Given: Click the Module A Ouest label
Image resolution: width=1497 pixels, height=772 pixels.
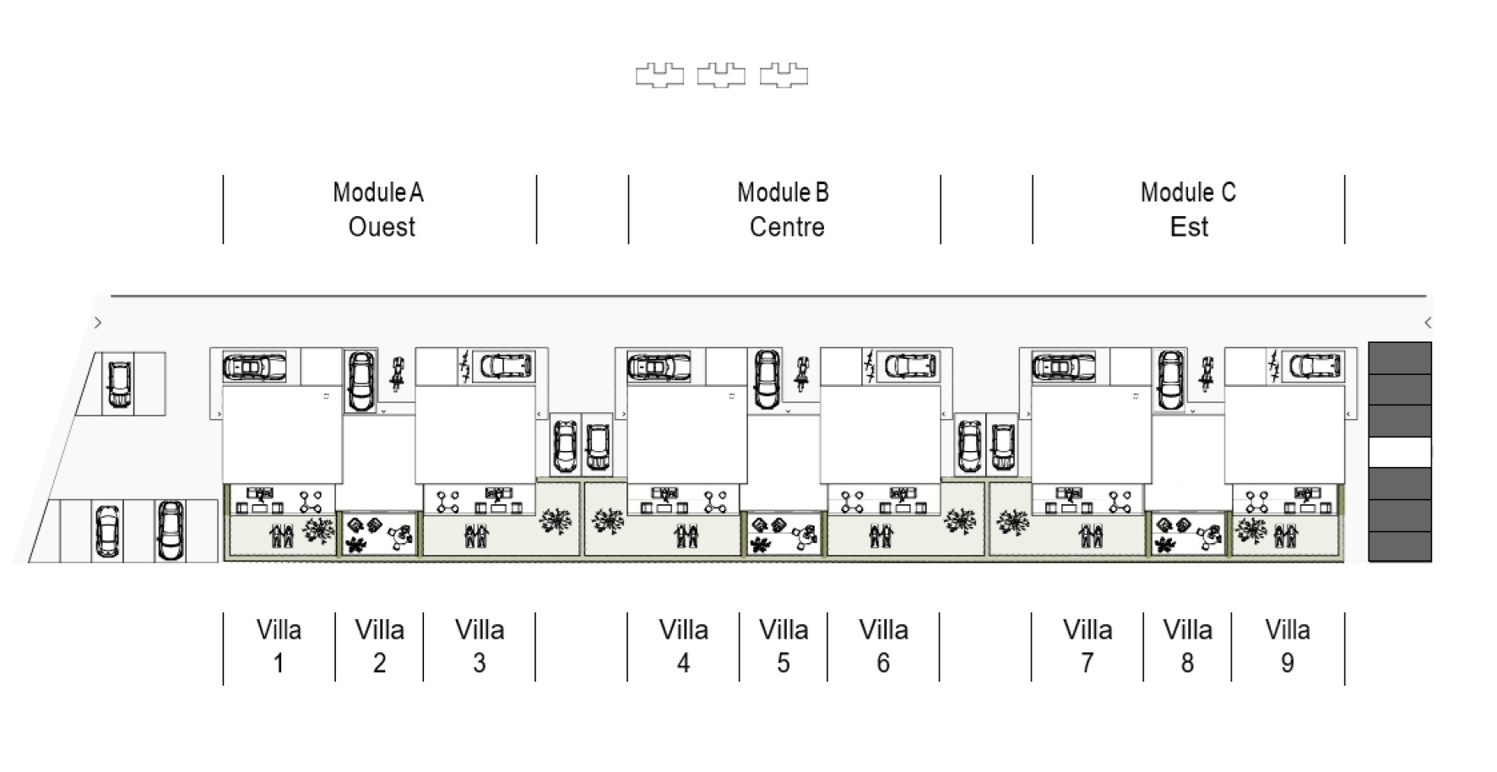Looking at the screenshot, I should [379, 209].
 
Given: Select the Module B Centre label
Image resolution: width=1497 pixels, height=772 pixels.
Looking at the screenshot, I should [784, 209].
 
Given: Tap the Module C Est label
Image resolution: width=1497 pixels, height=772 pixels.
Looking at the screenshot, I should [1188, 209].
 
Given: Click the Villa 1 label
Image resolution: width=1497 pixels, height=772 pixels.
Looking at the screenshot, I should [279, 646].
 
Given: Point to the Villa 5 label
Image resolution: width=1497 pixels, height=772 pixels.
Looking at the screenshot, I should [784, 646].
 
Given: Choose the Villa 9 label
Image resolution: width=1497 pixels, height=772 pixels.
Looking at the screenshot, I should [1287, 646].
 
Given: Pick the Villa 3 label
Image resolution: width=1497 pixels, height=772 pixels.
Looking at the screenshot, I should [480, 646].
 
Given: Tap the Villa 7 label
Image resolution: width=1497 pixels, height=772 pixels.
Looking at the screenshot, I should [1087, 646].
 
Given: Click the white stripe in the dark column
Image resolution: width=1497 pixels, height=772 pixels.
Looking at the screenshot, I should [1399, 452].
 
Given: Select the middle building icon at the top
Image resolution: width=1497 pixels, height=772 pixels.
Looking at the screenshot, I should [721, 75].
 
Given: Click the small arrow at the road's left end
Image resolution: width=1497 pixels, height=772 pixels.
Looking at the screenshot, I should [98, 323].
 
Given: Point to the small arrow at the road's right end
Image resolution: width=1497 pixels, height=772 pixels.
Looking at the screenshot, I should [1427, 323].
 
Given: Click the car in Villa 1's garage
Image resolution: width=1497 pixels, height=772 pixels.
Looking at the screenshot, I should [254, 367].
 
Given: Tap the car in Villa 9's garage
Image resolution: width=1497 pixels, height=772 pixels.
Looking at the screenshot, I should [1315, 367].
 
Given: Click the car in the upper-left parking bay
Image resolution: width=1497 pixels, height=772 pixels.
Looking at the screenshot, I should [119, 384].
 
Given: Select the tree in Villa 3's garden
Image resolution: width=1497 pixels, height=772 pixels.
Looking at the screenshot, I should [555, 521].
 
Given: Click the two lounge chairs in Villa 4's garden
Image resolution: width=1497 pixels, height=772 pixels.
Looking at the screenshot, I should [686, 536].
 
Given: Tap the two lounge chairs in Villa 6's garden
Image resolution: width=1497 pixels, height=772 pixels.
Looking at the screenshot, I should [881, 536].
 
